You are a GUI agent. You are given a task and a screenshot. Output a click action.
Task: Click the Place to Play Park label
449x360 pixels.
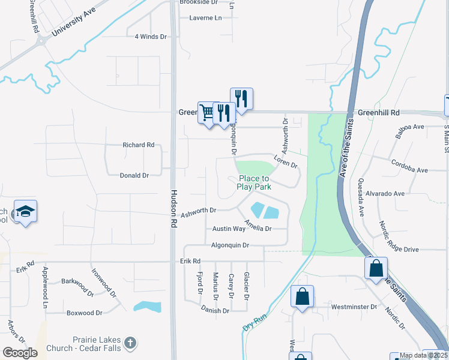pos(254,182)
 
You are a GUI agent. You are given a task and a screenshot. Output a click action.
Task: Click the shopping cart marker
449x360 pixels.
pos(208,112)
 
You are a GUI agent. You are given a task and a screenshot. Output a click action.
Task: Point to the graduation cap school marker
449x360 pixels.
pos(26,211)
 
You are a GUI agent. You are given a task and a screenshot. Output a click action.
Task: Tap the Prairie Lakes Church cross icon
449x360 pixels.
pos(130,344)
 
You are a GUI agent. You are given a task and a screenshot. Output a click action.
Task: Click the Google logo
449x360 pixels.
pos(20,353)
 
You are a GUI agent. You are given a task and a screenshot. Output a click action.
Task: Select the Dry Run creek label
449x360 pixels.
pos(255,321)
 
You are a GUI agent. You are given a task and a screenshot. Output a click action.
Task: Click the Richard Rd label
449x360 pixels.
pos(138,145)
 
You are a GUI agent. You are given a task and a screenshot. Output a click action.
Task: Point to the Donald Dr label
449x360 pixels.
pos(134,175)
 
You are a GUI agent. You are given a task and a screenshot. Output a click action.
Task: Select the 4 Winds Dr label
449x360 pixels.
pos(150,37)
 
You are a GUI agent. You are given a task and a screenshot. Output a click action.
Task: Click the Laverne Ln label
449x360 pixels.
pos(205,18)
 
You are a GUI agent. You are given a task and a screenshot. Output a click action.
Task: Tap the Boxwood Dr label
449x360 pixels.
pos(85,313)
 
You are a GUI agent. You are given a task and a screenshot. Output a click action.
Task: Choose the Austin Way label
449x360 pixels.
pos(229,229)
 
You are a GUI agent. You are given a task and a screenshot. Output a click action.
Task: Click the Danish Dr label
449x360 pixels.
pos(215,311)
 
